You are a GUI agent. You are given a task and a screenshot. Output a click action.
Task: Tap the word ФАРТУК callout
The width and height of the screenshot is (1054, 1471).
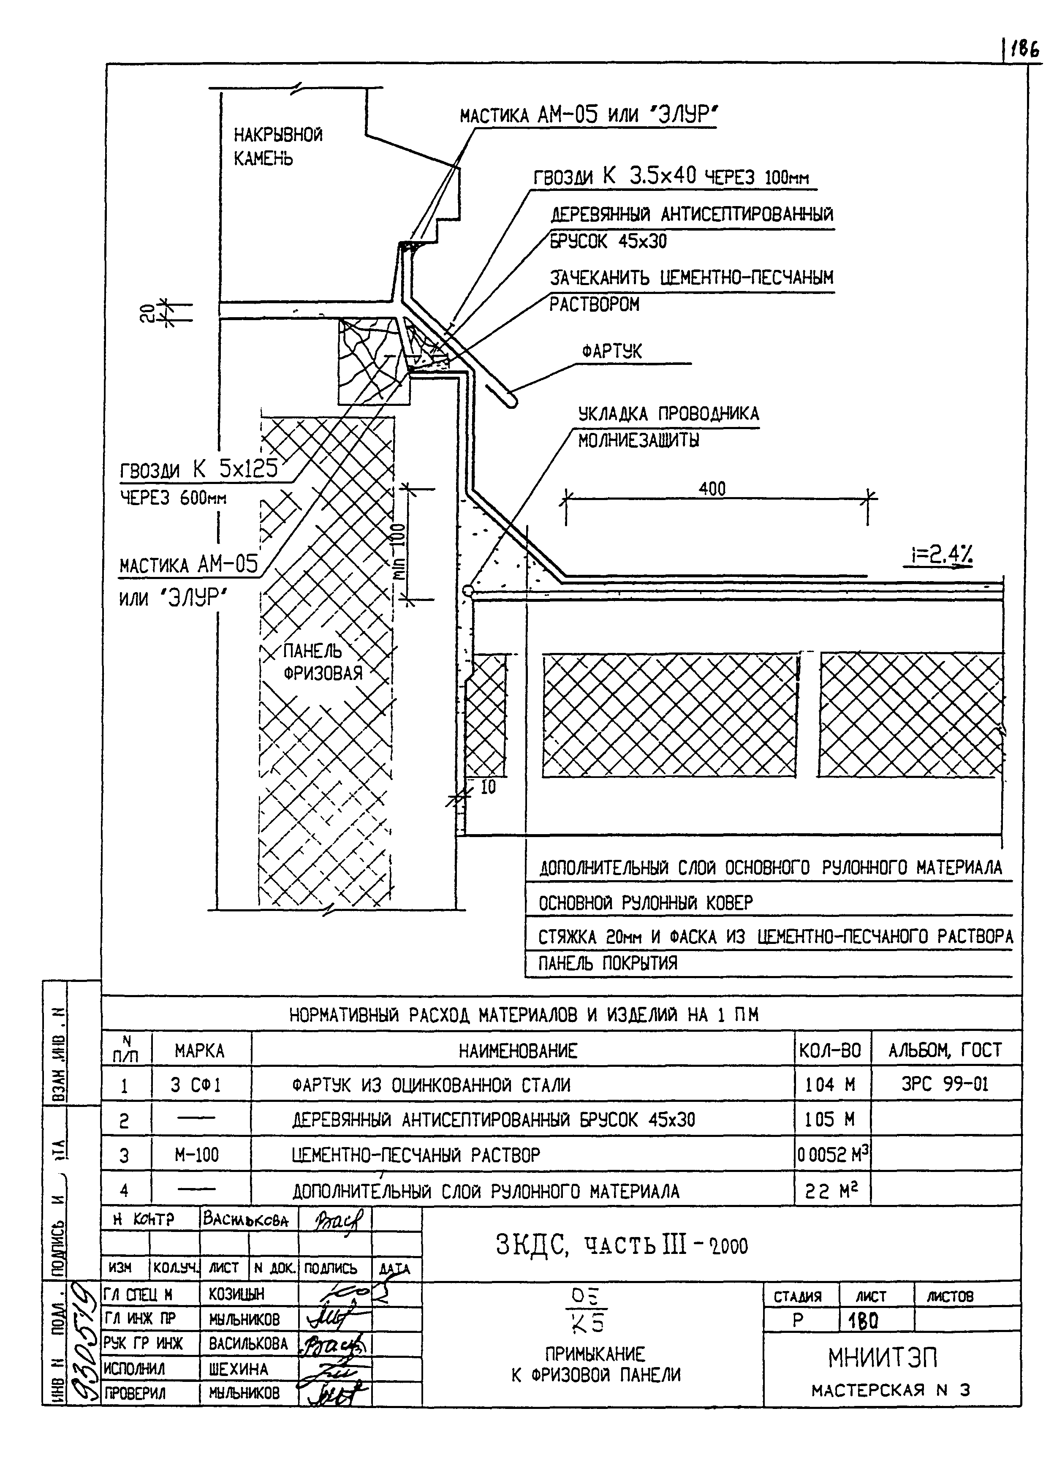(611, 351)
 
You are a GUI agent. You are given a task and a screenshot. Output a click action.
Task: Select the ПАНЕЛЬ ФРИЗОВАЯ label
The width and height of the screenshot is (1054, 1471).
(322, 662)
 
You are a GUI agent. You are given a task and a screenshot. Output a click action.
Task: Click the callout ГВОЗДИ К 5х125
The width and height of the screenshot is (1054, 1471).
(198, 470)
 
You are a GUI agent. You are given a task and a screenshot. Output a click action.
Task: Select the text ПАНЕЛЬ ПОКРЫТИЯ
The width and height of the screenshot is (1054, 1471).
(608, 963)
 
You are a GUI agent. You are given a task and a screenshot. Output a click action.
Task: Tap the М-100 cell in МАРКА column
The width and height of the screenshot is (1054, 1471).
(197, 1155)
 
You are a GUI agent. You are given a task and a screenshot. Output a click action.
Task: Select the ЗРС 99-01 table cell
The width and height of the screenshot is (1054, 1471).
(945, 1085)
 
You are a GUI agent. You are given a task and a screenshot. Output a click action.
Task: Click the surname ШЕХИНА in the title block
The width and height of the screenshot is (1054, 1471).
(238, 1369)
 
